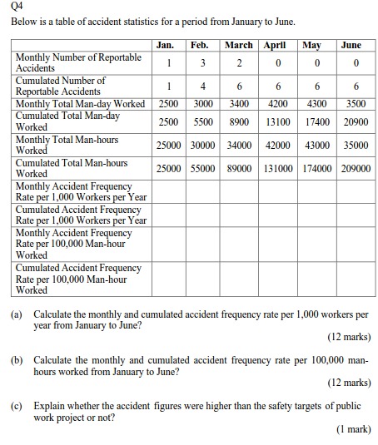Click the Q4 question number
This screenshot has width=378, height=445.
pos(15,7)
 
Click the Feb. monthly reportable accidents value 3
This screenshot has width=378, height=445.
pos(200,62)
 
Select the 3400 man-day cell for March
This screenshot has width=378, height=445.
pos(238,104)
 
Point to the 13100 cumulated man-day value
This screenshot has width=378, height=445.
pos(277,121)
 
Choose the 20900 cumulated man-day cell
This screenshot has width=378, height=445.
pos(355,121)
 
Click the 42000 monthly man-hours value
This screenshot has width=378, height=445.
pos(277,145)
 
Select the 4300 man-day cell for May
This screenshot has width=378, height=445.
pos(316,104)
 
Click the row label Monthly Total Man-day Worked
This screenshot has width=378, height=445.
pos(81,104)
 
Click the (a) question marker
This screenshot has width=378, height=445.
pos(17,316)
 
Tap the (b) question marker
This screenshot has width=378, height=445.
pos(17,363)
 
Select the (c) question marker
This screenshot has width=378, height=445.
pos(17,408)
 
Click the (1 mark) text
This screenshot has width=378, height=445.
pos(352,430)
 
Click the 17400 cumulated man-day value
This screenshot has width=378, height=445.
pos(316,121)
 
